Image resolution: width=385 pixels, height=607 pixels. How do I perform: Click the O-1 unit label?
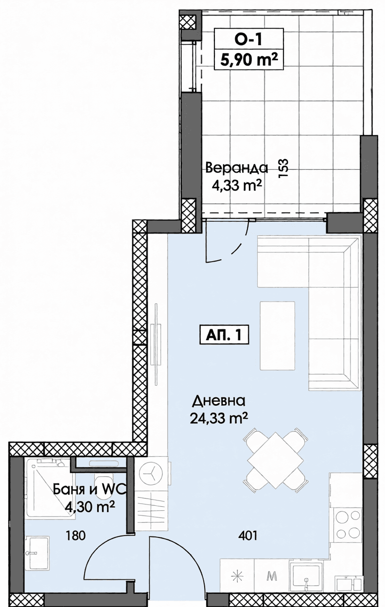[x=249, y=39]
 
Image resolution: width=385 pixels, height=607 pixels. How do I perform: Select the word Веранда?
[x=237, y=168]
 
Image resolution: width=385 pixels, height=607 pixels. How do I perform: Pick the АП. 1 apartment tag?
[x=224, y=336]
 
